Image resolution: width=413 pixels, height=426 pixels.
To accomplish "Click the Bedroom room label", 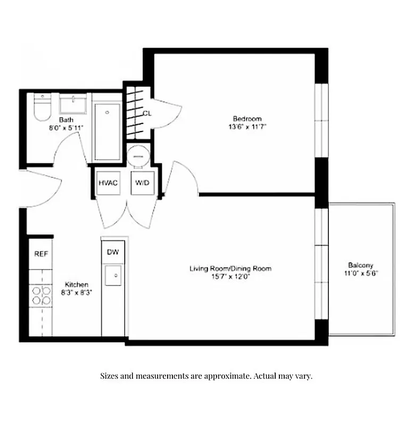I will [247, 118].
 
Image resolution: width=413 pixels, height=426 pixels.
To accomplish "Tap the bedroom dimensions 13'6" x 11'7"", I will [247, 127].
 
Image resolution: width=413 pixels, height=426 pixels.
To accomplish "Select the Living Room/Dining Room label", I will [230, 268].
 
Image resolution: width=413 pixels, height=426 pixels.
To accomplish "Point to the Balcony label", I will [360, 265].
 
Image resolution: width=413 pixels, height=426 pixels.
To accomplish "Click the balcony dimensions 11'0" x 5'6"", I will [360, 273].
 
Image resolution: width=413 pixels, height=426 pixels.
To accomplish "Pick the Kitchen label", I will [77, 284].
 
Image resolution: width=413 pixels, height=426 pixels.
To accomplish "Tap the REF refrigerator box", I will [41, 254].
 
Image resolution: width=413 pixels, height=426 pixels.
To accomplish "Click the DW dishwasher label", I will [113, 252].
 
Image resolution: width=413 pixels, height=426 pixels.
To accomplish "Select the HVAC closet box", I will [108, 183].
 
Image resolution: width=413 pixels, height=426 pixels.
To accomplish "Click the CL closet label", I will [147, 113].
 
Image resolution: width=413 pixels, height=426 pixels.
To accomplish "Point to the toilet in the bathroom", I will [41, 109].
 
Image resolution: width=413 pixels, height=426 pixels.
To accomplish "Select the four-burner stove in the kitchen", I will [41, 296].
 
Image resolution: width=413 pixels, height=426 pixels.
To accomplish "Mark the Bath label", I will [66, 120].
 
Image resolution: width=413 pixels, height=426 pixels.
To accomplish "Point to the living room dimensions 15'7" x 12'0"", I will [230, 276].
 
